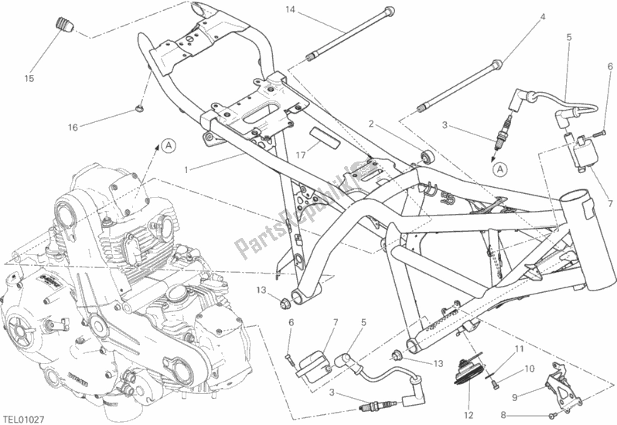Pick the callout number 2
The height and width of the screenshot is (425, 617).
tap(372, 124)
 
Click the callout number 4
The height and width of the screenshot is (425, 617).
tap(542, 17)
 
